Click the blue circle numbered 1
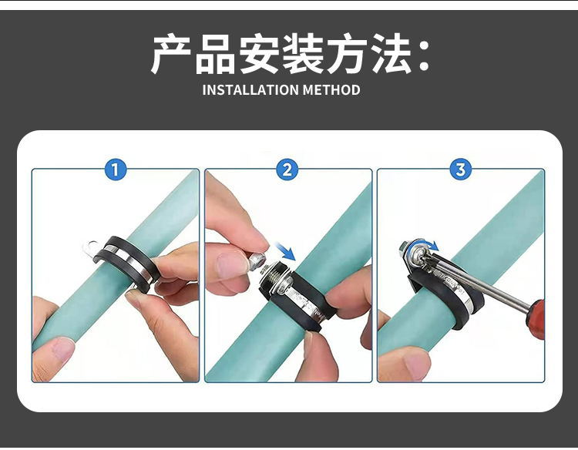pos(116,170)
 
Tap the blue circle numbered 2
pos(287,170)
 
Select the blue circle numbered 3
pos(461,170)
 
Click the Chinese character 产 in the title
pos(171,54)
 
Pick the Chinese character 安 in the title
pos(259,54)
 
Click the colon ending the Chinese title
pos(425,56)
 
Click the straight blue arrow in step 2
pos(286,252)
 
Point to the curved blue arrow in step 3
pos(425,244)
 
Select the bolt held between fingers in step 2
pos(257,261)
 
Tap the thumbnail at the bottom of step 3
pos(417,366)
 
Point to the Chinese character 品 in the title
pos(215,54)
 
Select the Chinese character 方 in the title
pos(348,54)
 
